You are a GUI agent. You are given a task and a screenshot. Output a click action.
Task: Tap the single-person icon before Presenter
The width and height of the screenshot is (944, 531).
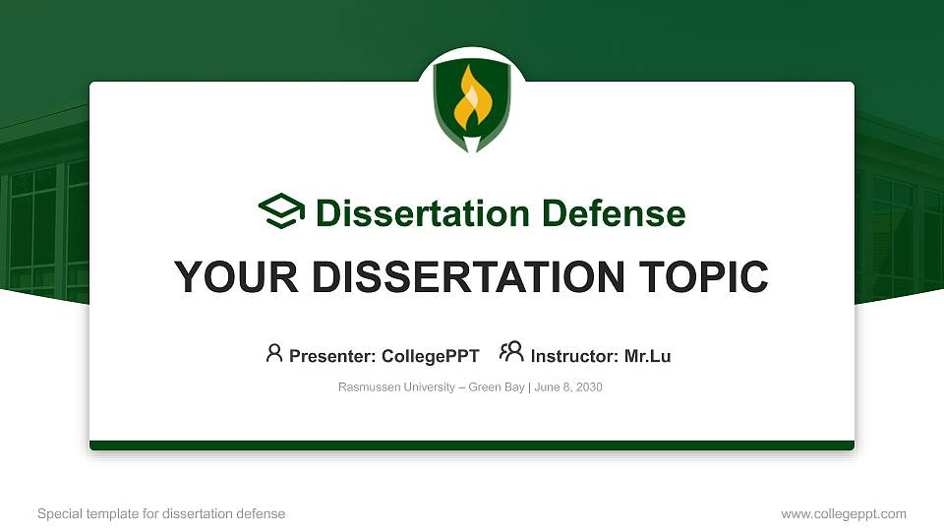tap(274, 353)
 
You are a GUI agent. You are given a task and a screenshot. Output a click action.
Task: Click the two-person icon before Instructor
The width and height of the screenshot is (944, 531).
tap(511, 353)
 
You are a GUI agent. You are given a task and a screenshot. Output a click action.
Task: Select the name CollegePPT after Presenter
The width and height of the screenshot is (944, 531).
tap(430, 356)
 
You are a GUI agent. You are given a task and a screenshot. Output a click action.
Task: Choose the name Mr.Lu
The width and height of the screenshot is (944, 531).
tap(647, 356)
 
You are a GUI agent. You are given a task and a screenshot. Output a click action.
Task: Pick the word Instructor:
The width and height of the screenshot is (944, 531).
tap(574, 356)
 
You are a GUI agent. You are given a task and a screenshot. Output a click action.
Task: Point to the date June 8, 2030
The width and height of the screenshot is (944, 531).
tap(568, 387)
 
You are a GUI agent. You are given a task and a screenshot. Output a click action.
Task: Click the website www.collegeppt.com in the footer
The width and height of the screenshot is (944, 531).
tap(844, 514)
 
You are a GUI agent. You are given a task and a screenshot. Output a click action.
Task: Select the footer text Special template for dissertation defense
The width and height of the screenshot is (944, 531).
tap(161, 514)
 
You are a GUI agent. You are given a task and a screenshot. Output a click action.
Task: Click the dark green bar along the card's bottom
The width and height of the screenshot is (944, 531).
tap(472, 445)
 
